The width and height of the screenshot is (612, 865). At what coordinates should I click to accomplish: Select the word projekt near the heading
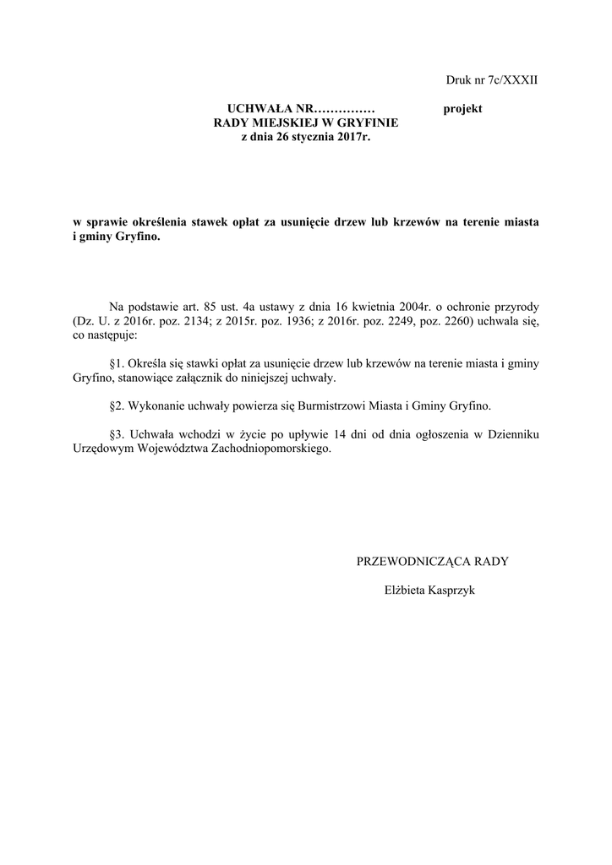(462, 109)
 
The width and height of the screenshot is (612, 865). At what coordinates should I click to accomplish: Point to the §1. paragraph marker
(118, 362)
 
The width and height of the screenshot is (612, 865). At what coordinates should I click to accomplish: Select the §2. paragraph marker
(118, 405)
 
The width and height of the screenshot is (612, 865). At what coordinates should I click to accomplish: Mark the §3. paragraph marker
(118, 434)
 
